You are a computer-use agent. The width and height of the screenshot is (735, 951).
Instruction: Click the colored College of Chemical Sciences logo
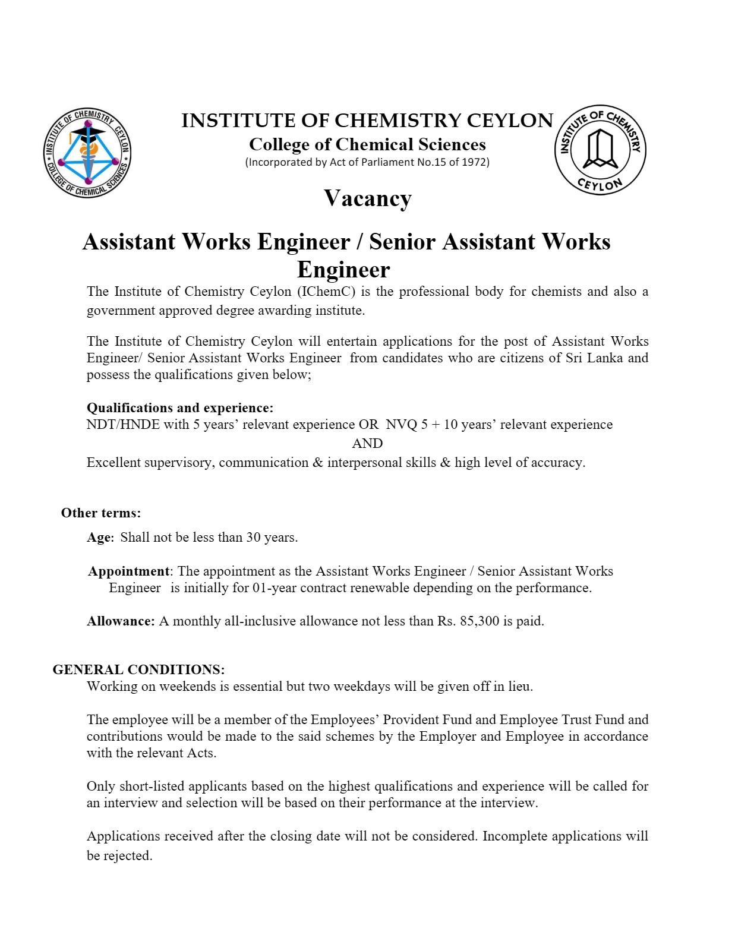[x=88, y=154]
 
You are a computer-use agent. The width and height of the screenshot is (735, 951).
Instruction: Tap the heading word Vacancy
[x=367, y=198]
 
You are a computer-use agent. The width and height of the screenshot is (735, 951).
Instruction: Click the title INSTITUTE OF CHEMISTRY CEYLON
[x=367, y=121]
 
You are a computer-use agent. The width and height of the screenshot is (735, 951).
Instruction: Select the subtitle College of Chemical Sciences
[x=367, y=144]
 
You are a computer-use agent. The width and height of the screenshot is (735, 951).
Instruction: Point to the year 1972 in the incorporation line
[x=474, y=162]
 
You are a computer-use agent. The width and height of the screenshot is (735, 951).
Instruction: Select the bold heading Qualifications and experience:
[x=180, y=408]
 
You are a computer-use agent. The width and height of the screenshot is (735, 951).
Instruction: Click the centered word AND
[x=367, y=444]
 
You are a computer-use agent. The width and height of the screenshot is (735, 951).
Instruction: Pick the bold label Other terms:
[x=101, y=513]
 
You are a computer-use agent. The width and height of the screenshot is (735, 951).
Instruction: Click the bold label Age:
[x=100, y=538]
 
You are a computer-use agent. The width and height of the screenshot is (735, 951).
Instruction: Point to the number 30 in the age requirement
[x=254, y=538]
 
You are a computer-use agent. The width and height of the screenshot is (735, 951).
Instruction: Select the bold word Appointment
[x=129, y=571]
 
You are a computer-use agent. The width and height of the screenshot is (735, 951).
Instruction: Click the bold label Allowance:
[x=121, y=621]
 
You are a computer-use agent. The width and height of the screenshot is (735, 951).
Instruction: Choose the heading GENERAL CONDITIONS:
[x=138, y=670]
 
